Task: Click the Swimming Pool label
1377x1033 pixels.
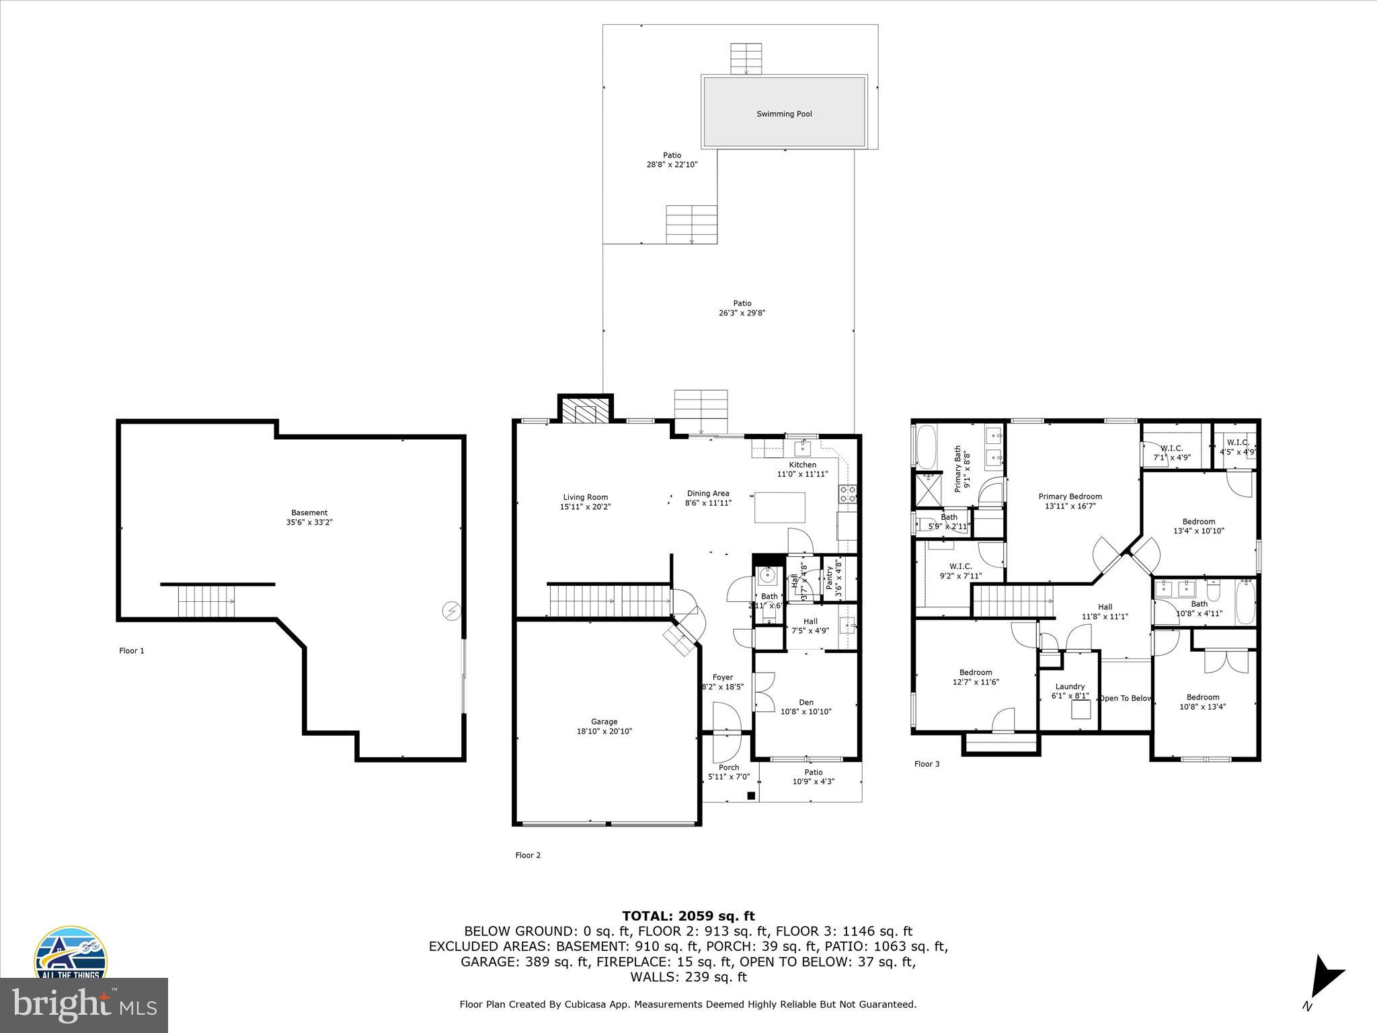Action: (784, 114)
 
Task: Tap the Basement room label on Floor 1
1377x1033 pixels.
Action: (309, 512)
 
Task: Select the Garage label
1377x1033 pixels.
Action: (604, 722)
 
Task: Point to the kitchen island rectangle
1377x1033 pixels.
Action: (779, 508)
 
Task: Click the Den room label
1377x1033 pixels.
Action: (805, 702)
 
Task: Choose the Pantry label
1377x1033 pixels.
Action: (830, 578)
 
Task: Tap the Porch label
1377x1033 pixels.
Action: (729, 767)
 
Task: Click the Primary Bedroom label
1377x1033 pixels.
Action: (1070, 497)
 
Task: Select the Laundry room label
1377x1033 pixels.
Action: (1070, 687)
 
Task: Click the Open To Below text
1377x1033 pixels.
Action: (1125, 698)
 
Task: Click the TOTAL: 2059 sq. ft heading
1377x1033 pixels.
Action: (688, 916)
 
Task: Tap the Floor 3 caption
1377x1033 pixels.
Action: (927, 764)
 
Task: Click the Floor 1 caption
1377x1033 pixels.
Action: (132, 650)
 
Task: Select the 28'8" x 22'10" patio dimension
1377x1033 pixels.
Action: (672, 164)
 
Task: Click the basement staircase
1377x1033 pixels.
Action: (206, 601)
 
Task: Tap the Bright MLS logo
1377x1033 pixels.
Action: (84, 1005)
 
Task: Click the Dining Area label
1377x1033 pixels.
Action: (707, 493)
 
